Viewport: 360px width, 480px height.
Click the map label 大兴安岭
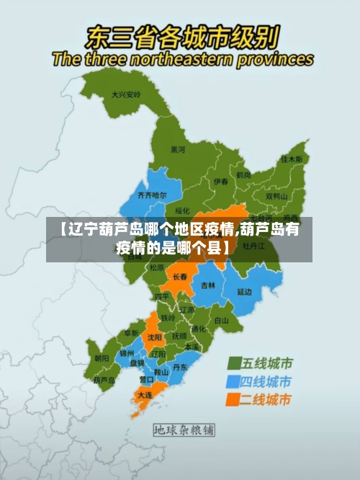[125, 94]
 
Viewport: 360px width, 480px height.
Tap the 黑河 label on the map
[177, 150]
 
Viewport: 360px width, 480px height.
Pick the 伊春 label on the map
[220, 182]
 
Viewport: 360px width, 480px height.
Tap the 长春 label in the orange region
[179, 276]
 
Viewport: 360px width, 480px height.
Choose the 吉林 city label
[208, 285]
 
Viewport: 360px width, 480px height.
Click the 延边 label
[245, 292]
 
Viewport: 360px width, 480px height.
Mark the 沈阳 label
[154, 337]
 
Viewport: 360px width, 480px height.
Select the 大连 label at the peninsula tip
[145, 395]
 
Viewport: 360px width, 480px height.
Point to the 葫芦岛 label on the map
[104, 379]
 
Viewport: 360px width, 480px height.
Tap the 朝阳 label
[102, 357]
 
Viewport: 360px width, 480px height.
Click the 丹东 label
[180, 367]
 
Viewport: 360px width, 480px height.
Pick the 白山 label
[221, 320]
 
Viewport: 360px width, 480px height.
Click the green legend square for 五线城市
[235, 363]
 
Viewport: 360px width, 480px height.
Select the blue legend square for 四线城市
[235, 381]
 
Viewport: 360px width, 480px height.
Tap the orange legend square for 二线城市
[235, 399]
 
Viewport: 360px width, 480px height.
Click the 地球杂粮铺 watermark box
[184, 430]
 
